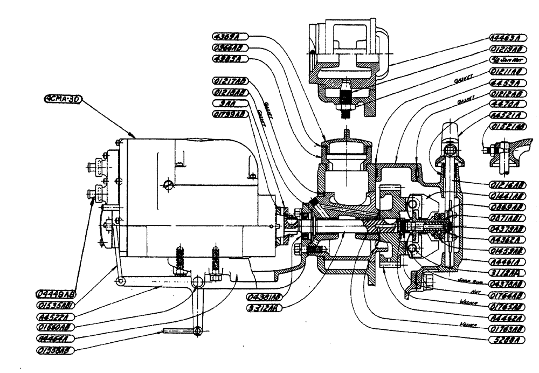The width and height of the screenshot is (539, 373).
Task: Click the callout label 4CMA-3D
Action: [x=60, y=100]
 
